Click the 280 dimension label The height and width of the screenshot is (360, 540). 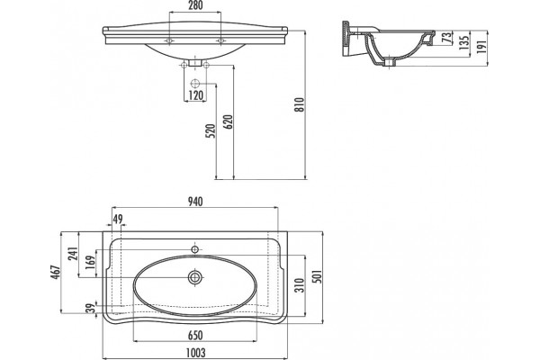click(195, 5)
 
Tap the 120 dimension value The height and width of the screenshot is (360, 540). click(195, 94)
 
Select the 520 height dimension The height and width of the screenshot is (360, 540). click(211, 130)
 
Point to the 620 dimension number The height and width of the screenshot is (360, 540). click(228, 122)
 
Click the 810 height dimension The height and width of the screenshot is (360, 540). click(300, 104)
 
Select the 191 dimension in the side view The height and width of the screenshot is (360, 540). click(481, 46)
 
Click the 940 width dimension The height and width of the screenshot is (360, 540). click(195, 202)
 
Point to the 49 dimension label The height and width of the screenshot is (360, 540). click(118, 219)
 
